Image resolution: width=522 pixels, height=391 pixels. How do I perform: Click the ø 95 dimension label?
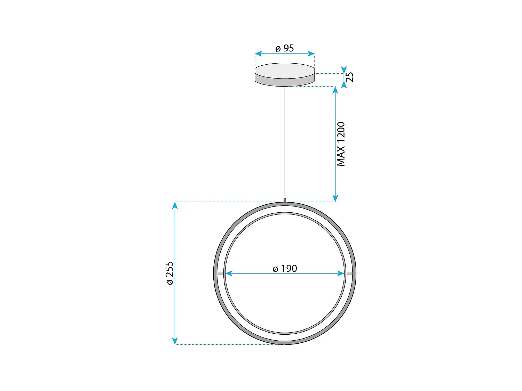[x=285, y=48]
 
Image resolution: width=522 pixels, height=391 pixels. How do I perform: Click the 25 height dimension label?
[x=350, y=77]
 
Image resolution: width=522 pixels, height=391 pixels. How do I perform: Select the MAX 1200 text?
[x=341, y=144]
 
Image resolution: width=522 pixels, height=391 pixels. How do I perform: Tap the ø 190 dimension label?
[x=285, y=268]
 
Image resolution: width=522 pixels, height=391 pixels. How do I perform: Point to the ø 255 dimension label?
[x=169, y=273]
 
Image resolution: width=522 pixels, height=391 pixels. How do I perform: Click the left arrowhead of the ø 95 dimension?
[x=258, y=54]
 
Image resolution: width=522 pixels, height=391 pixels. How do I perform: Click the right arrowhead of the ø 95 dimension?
[x=311, y=54]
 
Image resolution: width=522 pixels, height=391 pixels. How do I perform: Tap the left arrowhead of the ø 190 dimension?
[x=229, y=274]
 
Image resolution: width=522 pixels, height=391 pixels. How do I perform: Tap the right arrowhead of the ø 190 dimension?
[x=341, y=274]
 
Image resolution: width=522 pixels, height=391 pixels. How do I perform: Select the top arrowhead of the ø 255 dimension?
[x=175, y=205]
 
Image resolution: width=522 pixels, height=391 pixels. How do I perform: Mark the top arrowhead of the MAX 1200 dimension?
[x=335, y=90]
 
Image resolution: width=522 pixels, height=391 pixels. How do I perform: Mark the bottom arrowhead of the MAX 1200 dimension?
[x=335, y=198]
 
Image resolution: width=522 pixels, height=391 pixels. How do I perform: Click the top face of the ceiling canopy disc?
[x=285, y=71]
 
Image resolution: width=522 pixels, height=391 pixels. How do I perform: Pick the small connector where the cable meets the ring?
[x=285, y=200]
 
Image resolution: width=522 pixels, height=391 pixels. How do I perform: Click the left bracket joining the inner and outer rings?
[x=220, y=274]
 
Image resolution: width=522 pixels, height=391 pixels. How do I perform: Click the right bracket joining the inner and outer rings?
[x=349, y=274]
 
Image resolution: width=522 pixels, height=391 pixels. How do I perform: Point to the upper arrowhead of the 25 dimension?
[x=344, y=70]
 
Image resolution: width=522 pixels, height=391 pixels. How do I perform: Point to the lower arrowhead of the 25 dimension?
[x=344, y=84]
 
